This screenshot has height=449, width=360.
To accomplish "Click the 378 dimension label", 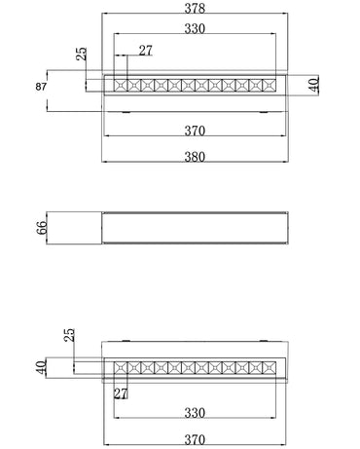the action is point(195,8).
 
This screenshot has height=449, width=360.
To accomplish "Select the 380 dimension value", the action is point(195,157).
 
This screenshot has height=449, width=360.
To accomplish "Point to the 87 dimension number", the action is point(41,87).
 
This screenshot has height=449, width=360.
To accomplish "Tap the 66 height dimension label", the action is point(42,228).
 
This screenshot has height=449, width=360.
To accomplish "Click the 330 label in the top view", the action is point(195,28).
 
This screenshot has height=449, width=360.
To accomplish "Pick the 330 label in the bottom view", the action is point(195,413).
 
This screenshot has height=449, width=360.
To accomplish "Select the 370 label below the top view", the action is point(195,131).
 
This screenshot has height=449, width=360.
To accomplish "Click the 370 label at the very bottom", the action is point(195,440).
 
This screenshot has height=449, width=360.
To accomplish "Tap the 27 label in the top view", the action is point(146,51).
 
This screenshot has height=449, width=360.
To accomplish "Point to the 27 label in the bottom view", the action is point(121,393).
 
